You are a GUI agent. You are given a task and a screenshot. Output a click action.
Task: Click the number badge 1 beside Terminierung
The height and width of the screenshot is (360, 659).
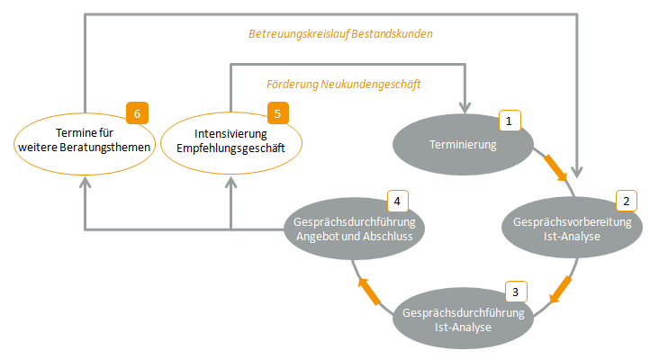coord(509,121)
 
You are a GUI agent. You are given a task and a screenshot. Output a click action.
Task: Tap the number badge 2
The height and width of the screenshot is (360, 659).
coord(626,200)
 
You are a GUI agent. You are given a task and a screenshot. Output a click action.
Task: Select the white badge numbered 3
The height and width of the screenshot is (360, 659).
coord(514,291)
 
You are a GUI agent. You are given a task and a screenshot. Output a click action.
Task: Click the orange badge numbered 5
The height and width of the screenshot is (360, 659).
coord(278,113)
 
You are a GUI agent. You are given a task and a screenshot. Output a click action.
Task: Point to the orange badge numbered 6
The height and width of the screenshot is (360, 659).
coord(137,113)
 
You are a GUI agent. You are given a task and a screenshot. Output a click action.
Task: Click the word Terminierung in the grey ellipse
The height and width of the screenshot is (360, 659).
coord(463,144)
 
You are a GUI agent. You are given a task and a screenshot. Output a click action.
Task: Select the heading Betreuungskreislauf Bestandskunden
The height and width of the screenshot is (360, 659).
coord(340,34)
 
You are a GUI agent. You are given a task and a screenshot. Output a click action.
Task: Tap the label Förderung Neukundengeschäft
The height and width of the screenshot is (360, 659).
coord(344,84)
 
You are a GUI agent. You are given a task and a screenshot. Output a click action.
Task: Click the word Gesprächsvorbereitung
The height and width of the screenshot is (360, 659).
coord(572,221)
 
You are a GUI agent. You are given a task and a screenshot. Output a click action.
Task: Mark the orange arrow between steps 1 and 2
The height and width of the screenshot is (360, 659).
coord(555,166)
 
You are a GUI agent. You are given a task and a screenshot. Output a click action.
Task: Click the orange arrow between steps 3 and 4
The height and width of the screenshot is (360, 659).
coord(369,289)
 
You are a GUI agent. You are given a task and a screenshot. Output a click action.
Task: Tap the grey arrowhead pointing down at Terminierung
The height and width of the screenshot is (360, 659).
coord(466,99)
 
